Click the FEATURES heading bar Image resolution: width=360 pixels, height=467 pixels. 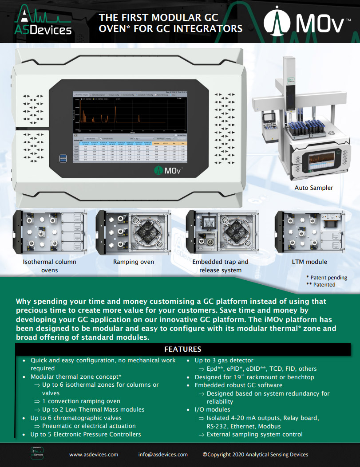[x=182, y=349]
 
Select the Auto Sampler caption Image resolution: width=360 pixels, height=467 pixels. [x=313, y=188]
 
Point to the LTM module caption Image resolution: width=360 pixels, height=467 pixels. [x=309, y=262]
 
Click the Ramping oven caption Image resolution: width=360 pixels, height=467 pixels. [x=133, y=262]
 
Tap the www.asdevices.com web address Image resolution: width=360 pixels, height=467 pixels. [x=94, y=454]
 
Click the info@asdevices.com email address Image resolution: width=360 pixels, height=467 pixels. [x=163, y=454]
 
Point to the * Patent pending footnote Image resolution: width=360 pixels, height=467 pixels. [x=326, y=278]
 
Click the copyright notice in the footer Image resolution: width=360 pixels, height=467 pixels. [x=255, y=454]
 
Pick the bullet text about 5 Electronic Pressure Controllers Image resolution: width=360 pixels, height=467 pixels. [x=85, y=434]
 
